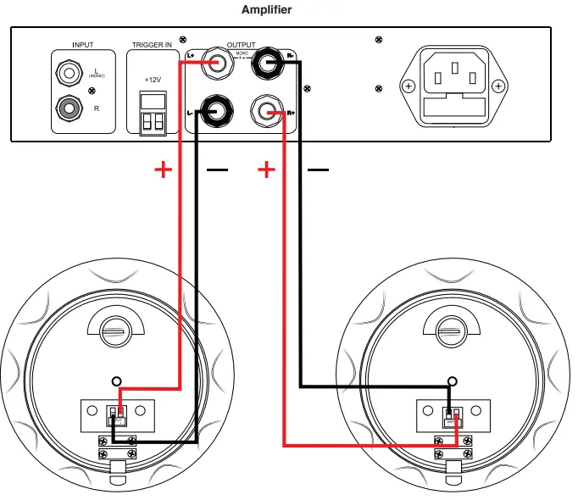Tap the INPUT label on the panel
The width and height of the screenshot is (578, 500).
(x=83, y=44)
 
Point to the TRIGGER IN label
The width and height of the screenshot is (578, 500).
(x=153, y=44)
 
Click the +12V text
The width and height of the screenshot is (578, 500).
(x=153, y=79)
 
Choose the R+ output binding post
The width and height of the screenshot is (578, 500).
(x=269, y=111)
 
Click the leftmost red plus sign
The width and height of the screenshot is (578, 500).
(x=163, y=170)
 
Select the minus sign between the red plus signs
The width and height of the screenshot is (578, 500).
(x=217, y=170)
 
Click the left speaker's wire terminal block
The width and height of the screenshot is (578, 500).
(x=118, y=415)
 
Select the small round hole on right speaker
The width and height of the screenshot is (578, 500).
(x=454, y=382)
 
